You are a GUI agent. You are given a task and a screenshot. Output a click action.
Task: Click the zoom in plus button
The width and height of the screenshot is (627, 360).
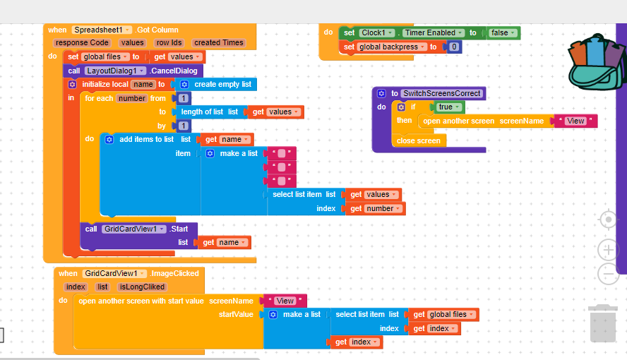[608, 250]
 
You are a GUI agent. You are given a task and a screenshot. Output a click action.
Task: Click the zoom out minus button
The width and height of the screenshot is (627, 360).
[608, 274]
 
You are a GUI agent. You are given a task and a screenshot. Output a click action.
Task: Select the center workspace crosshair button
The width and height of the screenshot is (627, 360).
[608, 220]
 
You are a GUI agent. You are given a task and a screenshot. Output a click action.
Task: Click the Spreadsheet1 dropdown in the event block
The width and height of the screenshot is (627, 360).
[102, 30]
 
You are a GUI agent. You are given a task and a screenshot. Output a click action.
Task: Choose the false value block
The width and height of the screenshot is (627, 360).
[504, 32]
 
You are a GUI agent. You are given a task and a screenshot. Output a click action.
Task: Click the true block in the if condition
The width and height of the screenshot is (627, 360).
[449, 107]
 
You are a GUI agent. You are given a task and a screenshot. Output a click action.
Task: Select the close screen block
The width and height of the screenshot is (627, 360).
[418, 140]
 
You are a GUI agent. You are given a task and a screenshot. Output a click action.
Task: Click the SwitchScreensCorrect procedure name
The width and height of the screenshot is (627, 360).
[441, 93]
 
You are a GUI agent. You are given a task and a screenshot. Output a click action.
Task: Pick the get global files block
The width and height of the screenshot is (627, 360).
[443, 314]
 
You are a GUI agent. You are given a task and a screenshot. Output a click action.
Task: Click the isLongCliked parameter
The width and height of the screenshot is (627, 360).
[142, 287]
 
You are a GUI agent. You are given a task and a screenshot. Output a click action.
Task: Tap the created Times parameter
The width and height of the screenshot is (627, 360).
[219, 42]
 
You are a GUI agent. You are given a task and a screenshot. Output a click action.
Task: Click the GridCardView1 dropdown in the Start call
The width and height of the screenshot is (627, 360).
[135, 229]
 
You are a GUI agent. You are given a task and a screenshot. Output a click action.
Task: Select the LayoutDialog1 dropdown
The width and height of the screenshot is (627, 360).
[117, 71]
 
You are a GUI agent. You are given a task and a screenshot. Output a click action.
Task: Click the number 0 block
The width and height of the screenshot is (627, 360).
[454, 47]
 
